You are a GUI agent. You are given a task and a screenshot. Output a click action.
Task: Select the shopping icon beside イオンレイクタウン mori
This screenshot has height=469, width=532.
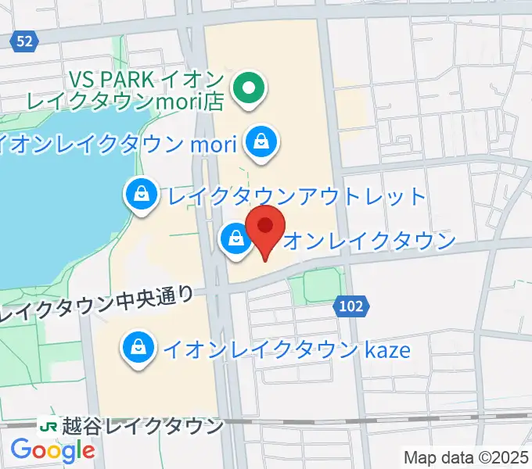pyautogui.click(x=259, y=142)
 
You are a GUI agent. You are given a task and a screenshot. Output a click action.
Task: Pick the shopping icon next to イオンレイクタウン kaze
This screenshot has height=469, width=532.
pyautogui.click(x=138, y=347)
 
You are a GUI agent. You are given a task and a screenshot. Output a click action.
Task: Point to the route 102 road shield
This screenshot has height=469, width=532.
pyautogui.click(x=352, y=306)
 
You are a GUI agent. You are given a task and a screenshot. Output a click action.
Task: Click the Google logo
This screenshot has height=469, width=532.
pyautogui.click(x=52, y=449)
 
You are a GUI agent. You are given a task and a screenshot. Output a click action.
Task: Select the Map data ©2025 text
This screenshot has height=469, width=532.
pyautogui.click(x=466, y=456)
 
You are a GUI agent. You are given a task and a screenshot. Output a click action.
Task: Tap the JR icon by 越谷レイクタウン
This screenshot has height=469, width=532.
pyautogui.click(x=49, y=426)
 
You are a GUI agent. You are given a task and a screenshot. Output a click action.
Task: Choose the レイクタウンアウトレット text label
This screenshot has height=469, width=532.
pyautogui.click(x=293, y=196)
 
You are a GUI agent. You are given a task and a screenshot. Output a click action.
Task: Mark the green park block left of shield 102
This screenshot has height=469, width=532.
pyautogui.click(x=319, y=282)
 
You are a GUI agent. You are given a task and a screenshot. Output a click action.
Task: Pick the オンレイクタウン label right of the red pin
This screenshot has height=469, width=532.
pyautogui.click(x=368, y=241)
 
